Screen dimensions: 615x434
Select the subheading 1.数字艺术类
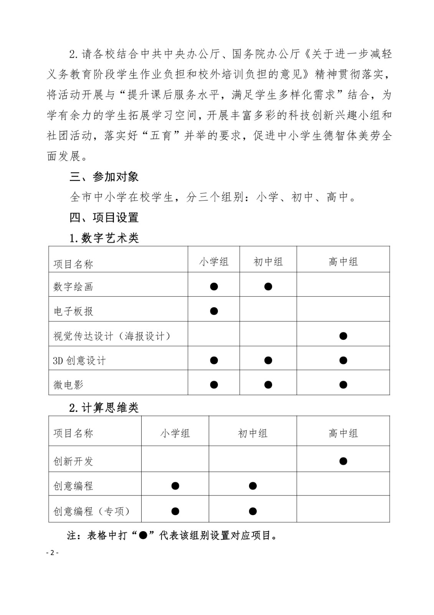[104, 238]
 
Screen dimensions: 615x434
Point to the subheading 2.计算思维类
[104, 408]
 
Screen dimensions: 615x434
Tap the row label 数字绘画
[73, 287]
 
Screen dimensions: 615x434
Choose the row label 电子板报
[73, 311]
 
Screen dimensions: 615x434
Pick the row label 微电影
[68, 385]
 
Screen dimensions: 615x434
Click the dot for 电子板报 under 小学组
[214, 311]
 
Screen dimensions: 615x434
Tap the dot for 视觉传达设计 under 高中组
[343, 336]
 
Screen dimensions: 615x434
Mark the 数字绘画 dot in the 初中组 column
[268, 286]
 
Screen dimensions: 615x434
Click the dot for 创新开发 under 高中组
[343, 461]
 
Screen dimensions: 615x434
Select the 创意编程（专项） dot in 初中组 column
[252, 511]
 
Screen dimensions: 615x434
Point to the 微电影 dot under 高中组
[343, 385]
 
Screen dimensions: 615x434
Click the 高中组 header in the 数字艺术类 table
[343, 262]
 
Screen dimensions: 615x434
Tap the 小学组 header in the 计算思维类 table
[175, 434]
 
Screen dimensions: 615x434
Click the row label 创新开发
[73, 461]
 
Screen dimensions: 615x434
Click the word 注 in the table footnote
[72, 535]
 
